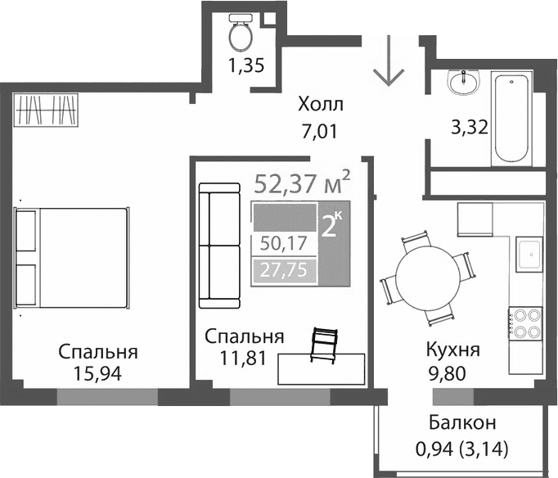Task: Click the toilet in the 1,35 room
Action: (241, 34)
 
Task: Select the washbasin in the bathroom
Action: (466, 82)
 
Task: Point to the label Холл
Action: (321, 105)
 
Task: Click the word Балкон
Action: (462, 423)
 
